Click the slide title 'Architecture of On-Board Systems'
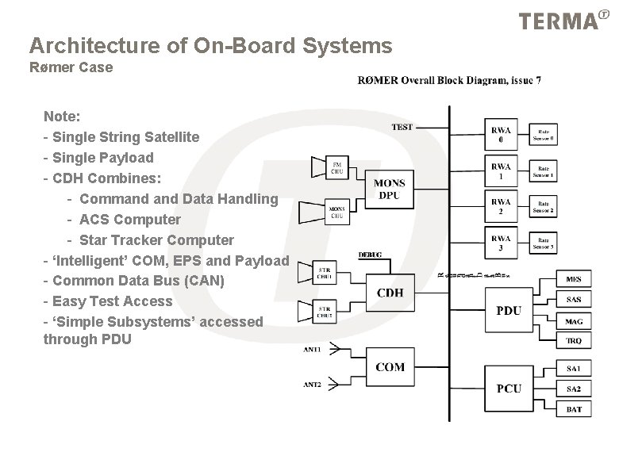point(210,46)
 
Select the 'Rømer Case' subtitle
point(71,67)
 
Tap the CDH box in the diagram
point(390,293)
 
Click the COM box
point(390,367)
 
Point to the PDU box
point(509,310)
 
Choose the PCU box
point(509,388)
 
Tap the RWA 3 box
point(501,242)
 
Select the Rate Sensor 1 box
point(546,170)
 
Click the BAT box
point(574,409)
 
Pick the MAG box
point(574,321)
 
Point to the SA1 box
point(574,369)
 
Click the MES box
point(574,279)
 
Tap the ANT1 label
point(313,349)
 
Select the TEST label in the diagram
point(402,128)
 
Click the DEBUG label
point(371,255)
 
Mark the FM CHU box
point(336,167)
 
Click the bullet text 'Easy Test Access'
point(112,301)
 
